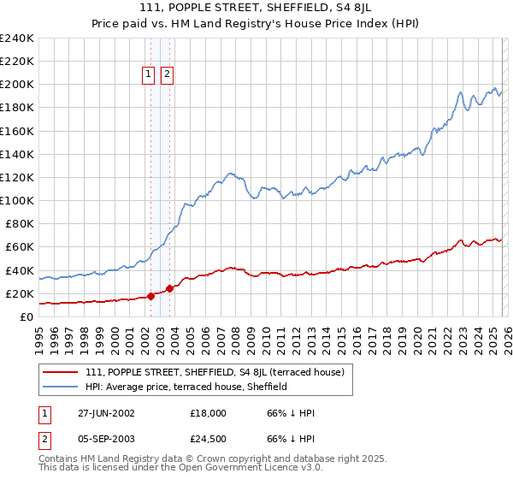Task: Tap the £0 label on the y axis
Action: click(26, 316)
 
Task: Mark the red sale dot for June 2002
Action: click(151, 296)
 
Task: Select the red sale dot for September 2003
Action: click(169, 288)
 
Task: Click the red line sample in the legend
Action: click(62, 372)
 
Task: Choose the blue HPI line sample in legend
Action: click(62, 387)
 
